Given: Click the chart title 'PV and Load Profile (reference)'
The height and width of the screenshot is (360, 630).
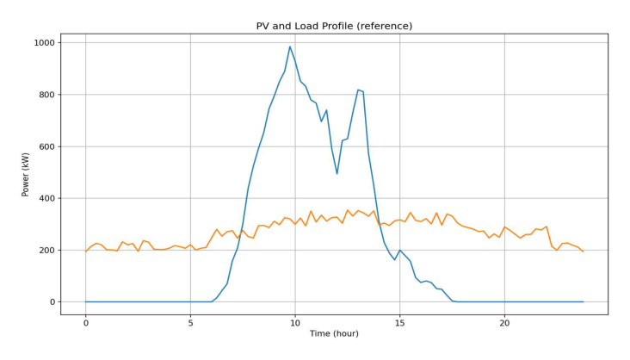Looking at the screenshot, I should coord(334,26).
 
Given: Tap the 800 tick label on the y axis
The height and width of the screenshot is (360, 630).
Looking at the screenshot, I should coord(46,95).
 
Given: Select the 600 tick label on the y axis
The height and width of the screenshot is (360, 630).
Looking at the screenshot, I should coord(46,146).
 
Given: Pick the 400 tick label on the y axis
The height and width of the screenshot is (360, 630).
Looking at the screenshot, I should coord(46,198).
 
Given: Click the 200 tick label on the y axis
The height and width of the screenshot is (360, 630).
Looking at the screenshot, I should coord(46,251).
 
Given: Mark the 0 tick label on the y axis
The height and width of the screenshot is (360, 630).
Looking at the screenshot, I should coord(52,302).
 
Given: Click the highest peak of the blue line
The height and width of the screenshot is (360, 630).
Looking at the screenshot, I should coord(290,47).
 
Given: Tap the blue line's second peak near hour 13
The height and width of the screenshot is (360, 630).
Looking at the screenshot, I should coord(358,90).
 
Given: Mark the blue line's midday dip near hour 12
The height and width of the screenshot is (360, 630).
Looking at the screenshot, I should coord(337,174).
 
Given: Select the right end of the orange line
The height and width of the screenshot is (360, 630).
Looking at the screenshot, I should coord(583,251).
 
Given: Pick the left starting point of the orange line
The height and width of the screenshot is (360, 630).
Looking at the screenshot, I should coord(86,251).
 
